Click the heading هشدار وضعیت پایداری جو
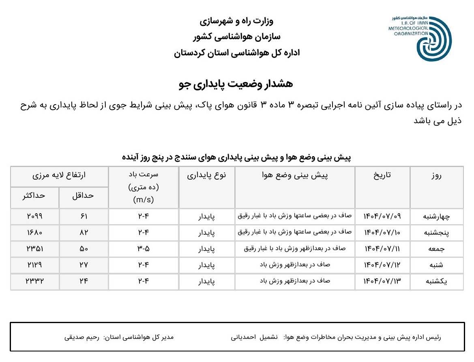(x=236, y=84)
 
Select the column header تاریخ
(x=382, y=175)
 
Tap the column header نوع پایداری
(x=206, y=175)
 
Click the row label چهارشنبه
(x=436, y=216)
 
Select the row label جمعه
(x=436, y=249)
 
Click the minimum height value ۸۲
(x=84, y=233)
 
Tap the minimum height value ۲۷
(x=84, y=265)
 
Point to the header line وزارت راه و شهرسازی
(x=237, y=21)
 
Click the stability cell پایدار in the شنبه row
(x=206, y=266)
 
